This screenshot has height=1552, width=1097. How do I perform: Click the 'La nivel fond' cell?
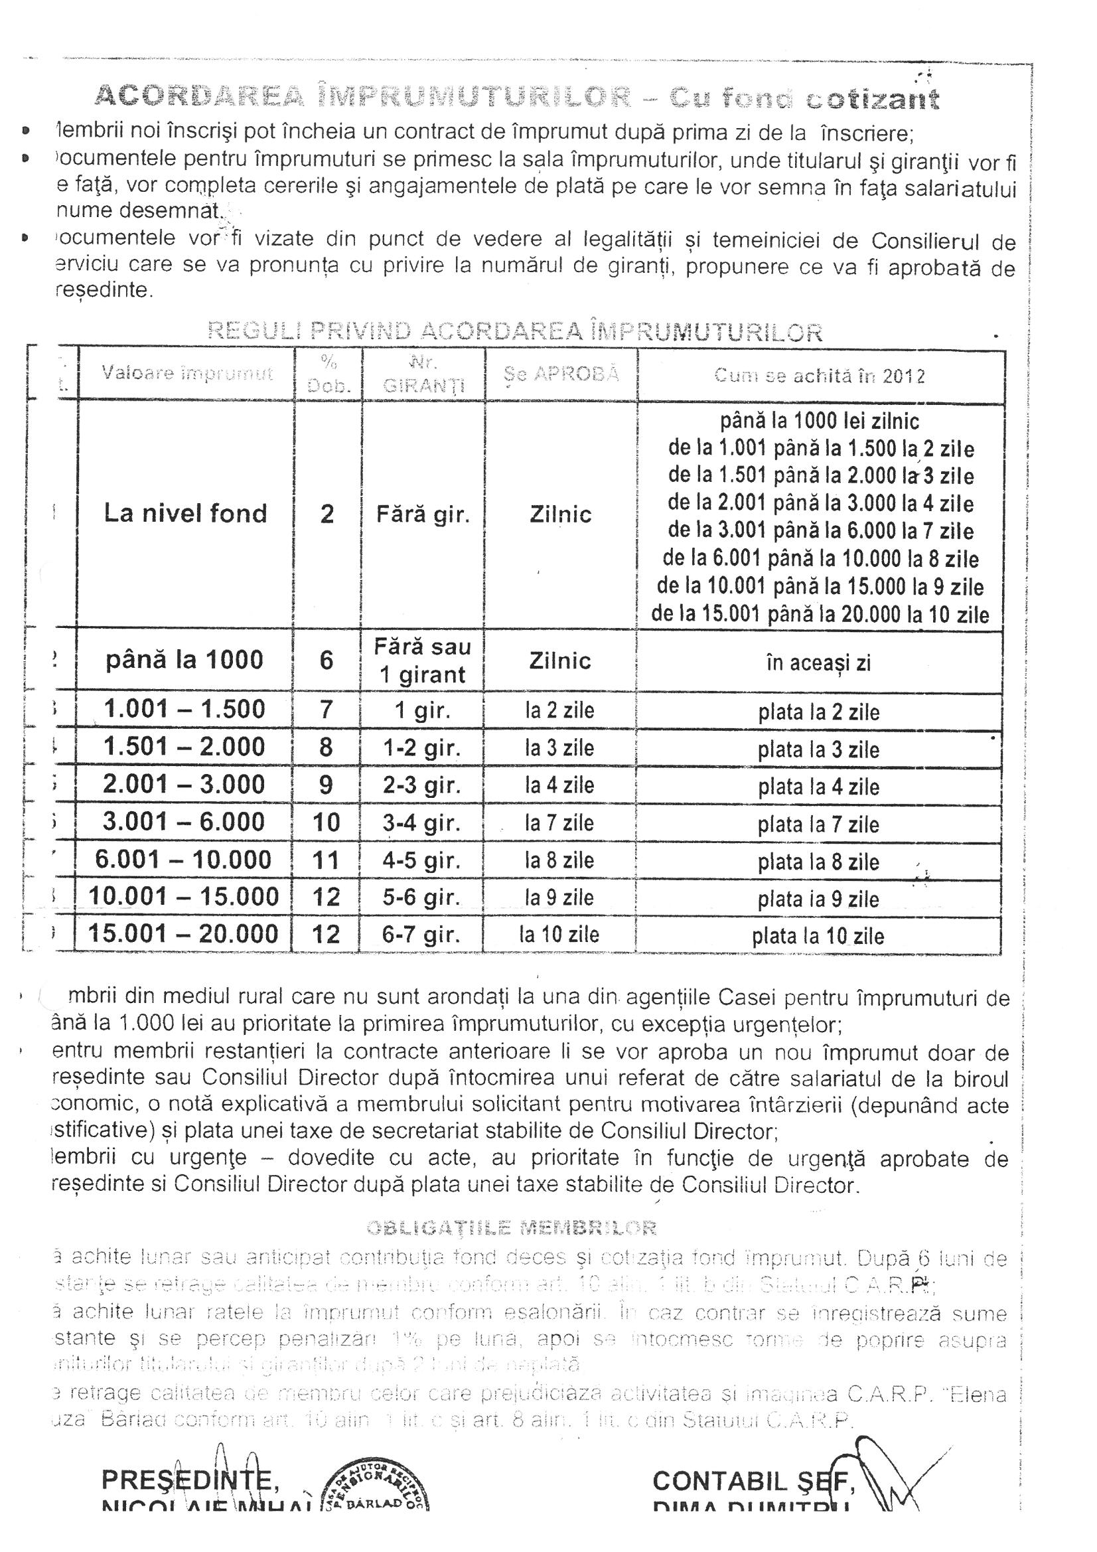185,514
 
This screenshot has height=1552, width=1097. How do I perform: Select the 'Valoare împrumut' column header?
186,374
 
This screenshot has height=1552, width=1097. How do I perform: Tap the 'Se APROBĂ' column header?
561,374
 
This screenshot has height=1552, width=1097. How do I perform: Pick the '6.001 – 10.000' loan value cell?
183,860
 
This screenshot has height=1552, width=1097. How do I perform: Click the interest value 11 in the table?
326,860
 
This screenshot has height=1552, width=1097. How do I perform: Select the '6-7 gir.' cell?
422,935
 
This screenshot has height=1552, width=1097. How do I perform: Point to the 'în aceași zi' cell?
818,663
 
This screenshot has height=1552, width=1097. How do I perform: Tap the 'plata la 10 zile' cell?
818,936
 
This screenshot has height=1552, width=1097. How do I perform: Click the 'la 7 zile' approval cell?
559,823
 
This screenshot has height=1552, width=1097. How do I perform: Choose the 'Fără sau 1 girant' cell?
423,661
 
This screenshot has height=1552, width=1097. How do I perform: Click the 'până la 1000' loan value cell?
184,660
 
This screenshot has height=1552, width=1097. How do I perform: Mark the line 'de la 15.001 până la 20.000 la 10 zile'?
820,615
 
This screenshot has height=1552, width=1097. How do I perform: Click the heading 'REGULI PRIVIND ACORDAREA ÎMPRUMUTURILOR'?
515,331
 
